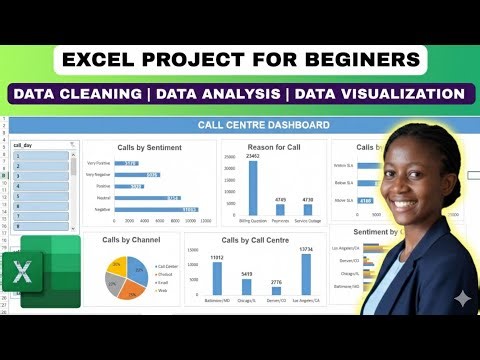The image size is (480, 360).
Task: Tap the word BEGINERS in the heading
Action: (x=357, y=59)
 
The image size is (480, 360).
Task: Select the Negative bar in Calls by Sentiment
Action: (x=155, y=208)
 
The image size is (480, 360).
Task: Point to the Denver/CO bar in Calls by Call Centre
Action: (x=277, y=290)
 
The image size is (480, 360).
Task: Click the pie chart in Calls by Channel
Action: (x=124, y=277)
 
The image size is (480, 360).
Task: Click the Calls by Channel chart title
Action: (x=131, y=240)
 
